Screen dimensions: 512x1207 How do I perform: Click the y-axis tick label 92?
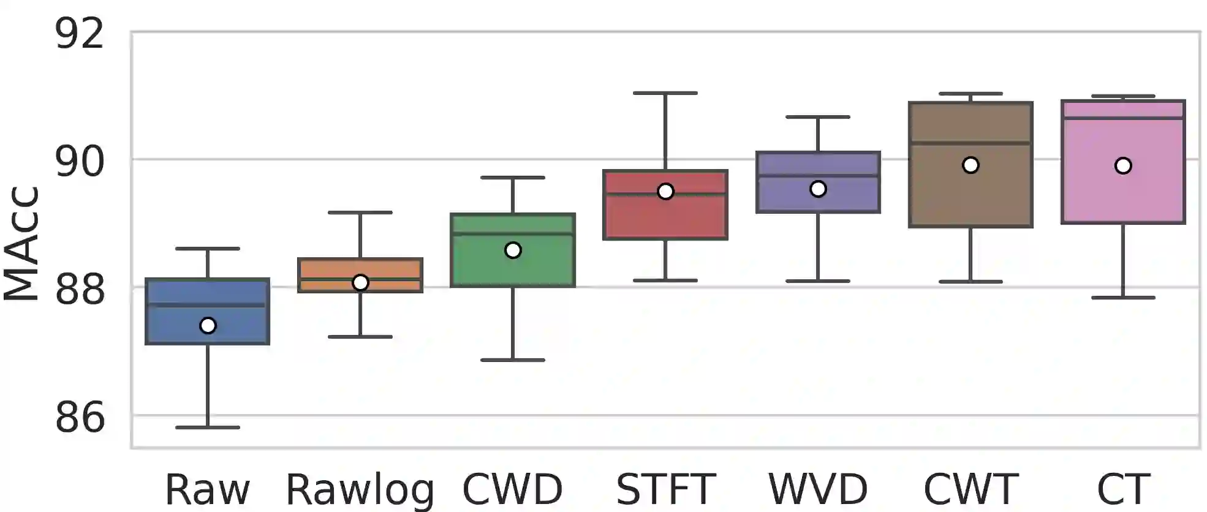(x=80, y=34)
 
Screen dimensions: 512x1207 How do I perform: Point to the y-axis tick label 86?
(x=80, y=418)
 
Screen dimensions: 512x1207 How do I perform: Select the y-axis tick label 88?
(x=80, y=290)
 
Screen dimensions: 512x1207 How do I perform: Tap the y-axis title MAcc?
(x=22, y=244)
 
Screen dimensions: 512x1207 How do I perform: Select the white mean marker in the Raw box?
(x=208, y=325)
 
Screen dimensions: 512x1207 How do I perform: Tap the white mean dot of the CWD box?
(x=513, y=250)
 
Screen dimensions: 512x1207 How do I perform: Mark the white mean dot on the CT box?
(x=1123, y=165)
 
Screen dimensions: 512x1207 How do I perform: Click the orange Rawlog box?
(x=360, y=269)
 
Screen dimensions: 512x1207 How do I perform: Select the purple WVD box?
(x=818, y=165)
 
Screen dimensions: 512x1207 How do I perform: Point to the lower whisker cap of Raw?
(x=208, y=427)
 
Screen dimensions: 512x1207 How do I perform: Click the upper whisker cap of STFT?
(x=665, y=93)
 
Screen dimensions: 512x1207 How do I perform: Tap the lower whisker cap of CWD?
(x=513, y=360)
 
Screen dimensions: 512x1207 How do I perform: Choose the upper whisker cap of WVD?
(x=818, y=116)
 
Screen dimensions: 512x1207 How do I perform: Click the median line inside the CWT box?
(x=971, y=143)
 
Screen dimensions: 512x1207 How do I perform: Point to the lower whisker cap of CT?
(x=1123, y=298)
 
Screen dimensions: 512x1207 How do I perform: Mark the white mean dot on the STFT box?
(x=665, y=192)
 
